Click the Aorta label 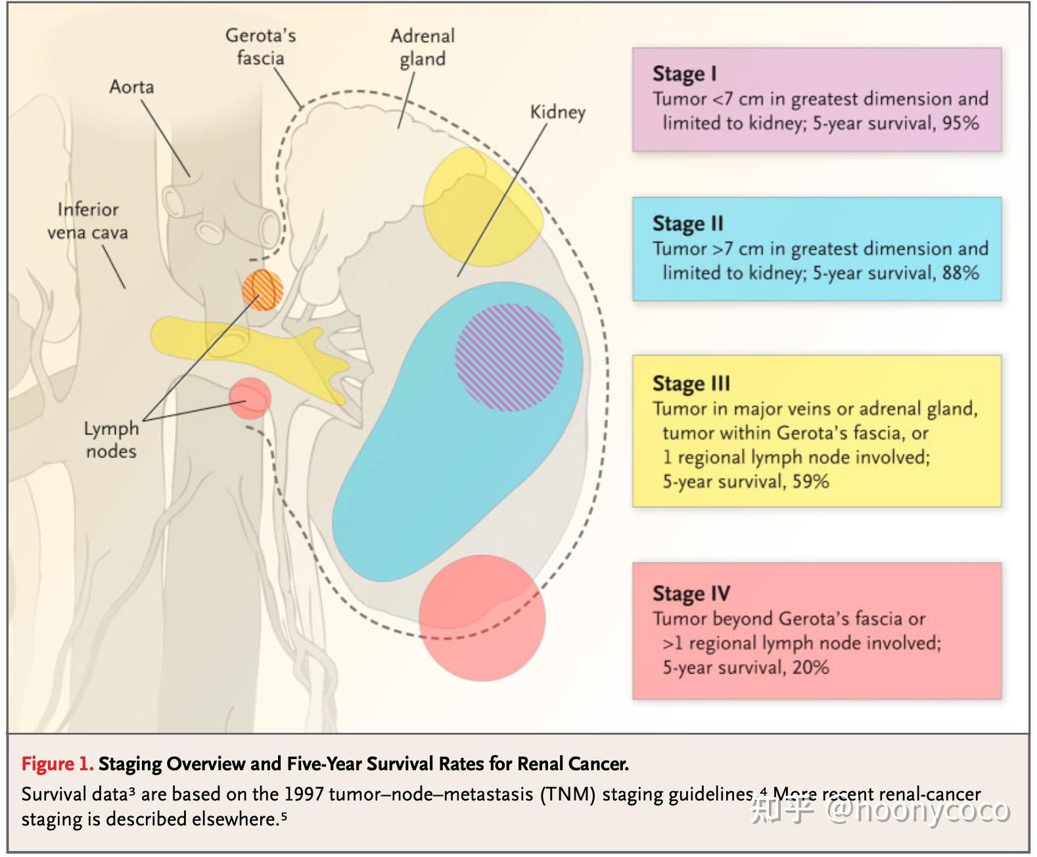pyautogui.click(x=131, y=87)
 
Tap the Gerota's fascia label pyautogui.click(x=260, y=47)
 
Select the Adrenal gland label pyautogui.click(x=423, y=47)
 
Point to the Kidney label pyautogui.click(x=557, y=112)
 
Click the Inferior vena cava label pyautogui.click(x=87, y=221)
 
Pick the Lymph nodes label pyautogui.click(x=111, y=440)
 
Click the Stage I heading pyautogui.click(x=684, y=74)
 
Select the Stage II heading pyautogui.click(x=687, y=223)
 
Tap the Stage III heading pyautogui.click(x=691, y=383)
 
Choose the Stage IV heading pyautogui.click(x=691, y=593)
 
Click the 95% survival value pyautogui.click(x=960, y=123)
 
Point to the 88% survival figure pyautogui.click(x=960, y=273)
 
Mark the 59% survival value pyautogui.click(x=810, y=481)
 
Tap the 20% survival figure pyautogui.click(x=810, y=668)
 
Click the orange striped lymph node pyautogui.click(x=263, y=290)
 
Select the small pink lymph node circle pyautogui.click(x=250, y=398)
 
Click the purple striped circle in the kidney pyautogui.click(x=509, y=358)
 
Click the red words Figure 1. pyautogui.click(x=57, y=764)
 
